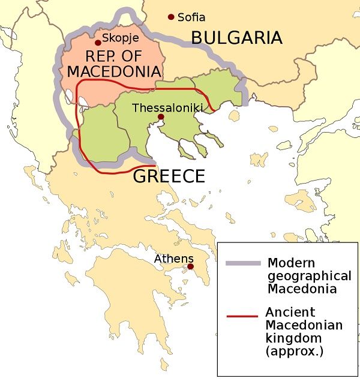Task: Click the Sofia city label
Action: pos(191,17)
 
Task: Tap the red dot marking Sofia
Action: pos(172,17)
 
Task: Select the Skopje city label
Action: pos(121,38)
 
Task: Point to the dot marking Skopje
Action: pos(98,43)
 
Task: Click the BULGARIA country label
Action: pos(236,38)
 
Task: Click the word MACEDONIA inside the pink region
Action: pos(114,71)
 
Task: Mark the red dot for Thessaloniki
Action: pos(160,117)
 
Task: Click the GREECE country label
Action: pos(169,176)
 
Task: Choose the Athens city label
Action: pos(174,259)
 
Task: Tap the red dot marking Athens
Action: pos(190,266)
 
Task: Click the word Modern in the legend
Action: pos(291,263)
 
